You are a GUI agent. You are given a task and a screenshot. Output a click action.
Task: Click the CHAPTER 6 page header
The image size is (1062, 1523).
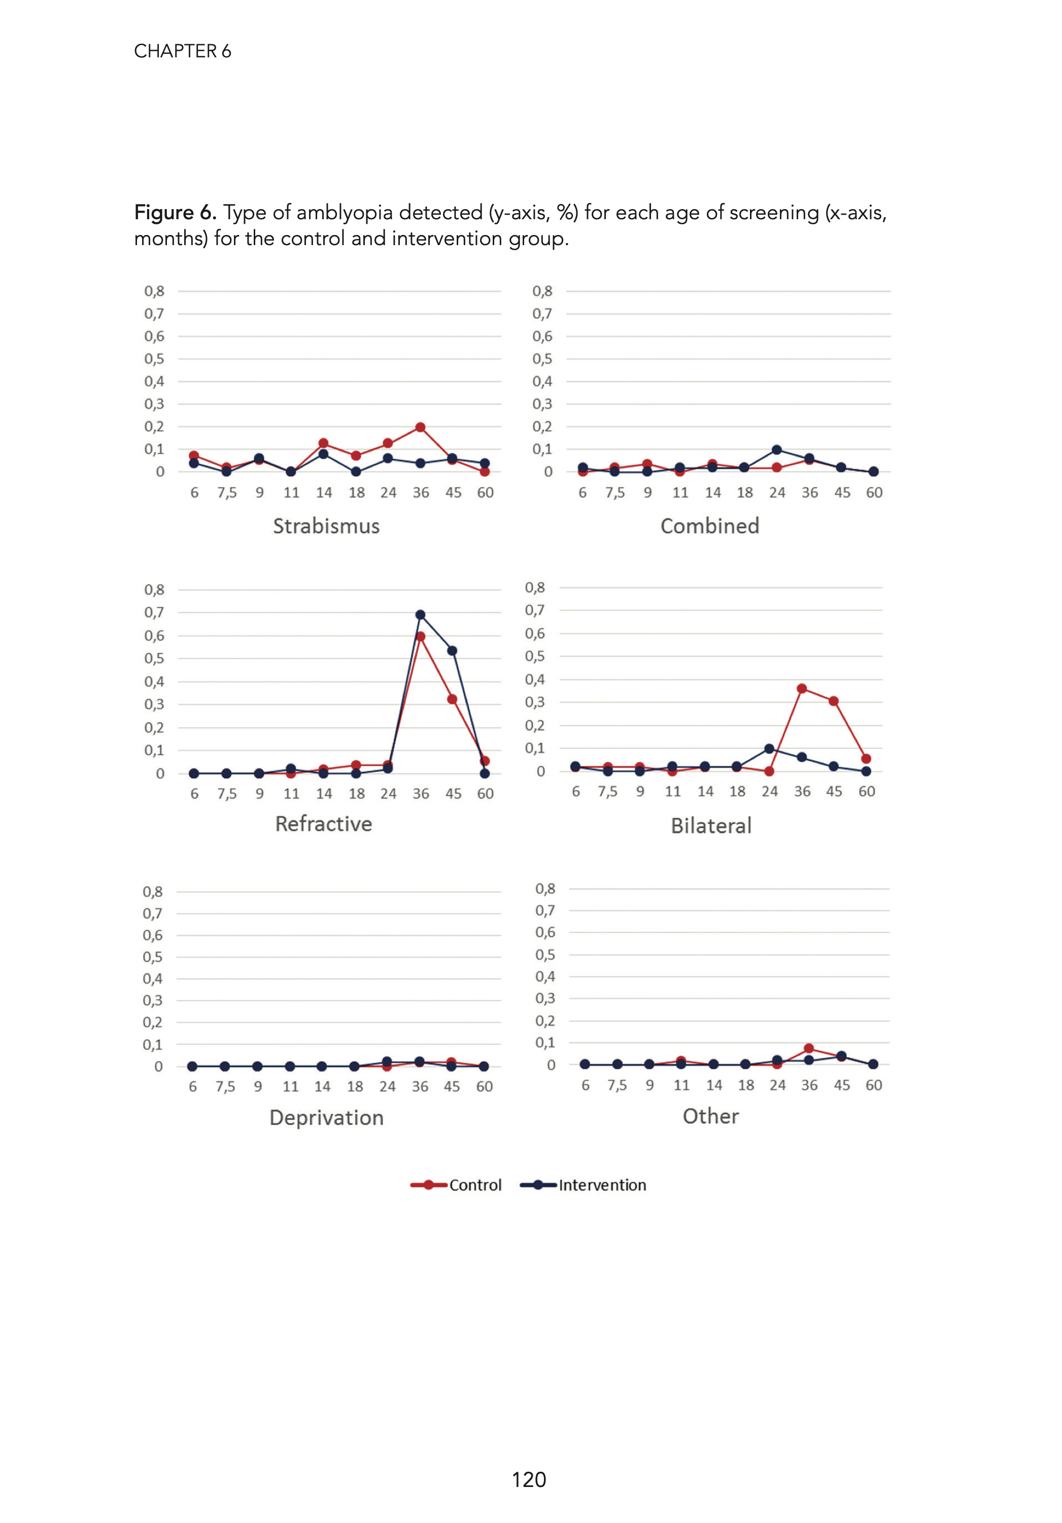pos(183,51)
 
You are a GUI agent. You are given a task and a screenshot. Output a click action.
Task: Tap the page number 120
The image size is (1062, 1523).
pos(529,1479)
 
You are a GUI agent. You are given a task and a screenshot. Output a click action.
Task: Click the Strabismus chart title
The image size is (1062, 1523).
pos(326,526)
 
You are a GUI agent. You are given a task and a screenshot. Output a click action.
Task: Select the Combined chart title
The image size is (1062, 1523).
pos(710,526)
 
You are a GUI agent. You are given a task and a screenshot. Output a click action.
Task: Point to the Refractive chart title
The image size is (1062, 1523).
pos(324,824)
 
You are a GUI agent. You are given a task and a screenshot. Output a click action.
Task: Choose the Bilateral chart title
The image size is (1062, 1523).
pos(711,826)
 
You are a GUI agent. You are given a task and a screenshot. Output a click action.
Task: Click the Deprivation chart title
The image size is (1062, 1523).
pos(326,1118)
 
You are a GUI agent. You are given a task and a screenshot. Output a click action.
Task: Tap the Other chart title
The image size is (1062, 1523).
pos(710,1116)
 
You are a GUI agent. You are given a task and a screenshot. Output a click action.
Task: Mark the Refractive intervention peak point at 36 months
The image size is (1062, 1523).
pos(420,615)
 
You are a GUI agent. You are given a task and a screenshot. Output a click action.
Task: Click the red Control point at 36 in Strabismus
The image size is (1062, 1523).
pos(420,428)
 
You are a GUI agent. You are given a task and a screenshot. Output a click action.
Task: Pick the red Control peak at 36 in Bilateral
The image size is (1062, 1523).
pos(801,689)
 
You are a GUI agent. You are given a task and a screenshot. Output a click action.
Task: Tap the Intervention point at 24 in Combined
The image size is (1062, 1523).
pos(776,450)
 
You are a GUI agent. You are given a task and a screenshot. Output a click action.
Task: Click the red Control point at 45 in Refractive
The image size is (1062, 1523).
pos(452,699)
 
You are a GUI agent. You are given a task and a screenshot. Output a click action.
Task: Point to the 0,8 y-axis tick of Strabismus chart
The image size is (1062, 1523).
pos(154,291)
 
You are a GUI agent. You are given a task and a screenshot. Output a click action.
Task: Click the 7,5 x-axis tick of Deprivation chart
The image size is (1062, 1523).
pos(225,1087)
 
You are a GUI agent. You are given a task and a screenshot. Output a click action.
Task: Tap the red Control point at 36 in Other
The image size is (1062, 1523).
pos(809,1048)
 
